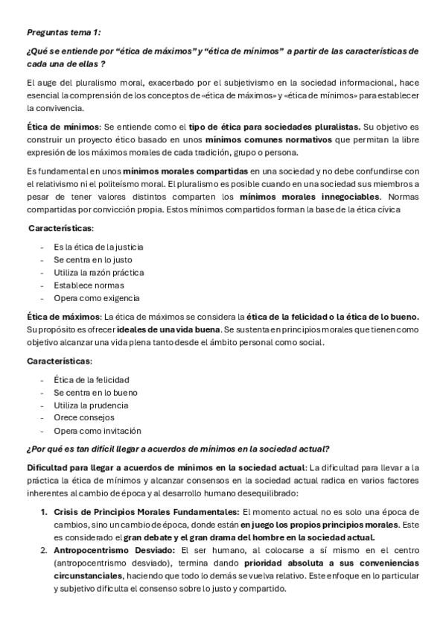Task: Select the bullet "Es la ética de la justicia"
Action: [x=98, y=246]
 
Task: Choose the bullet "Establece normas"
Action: [x=89, y=285]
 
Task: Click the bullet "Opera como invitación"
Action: [x=97, y=431]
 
